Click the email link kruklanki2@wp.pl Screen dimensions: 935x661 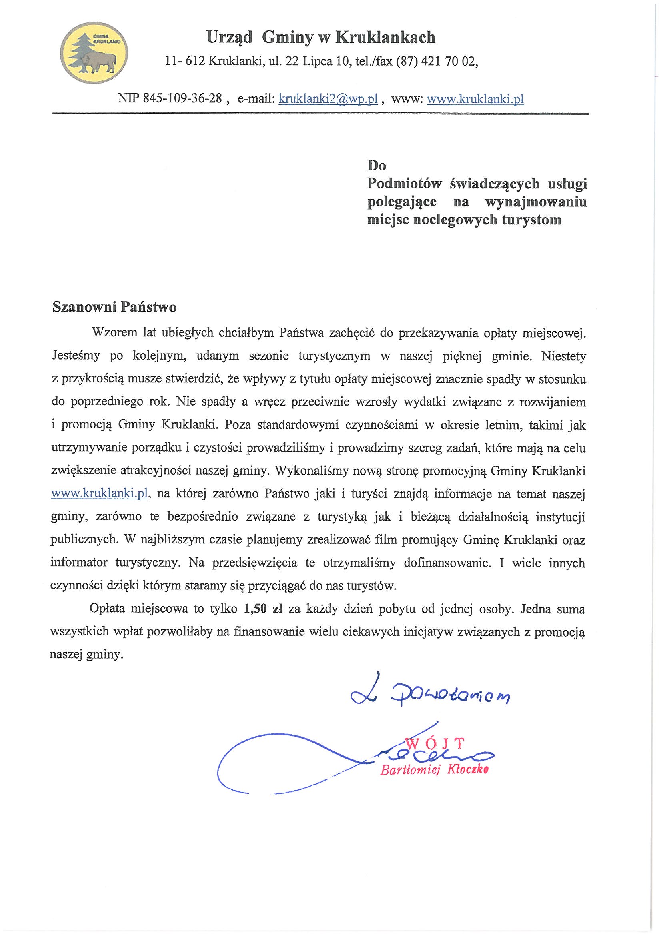[329, 99]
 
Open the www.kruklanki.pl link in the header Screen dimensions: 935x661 [475, 99]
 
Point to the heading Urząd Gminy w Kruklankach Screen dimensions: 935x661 [321, 38]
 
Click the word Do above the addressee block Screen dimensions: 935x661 [377, 165]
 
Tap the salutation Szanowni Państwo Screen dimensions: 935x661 [114, 307]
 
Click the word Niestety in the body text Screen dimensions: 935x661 [564, 356]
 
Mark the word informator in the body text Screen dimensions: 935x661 [79, 563]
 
